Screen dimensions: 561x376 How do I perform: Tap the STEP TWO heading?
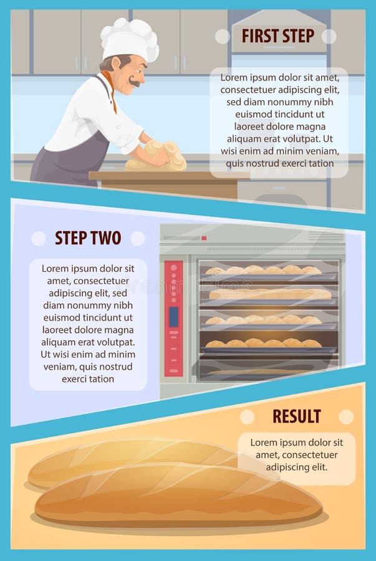click(x=88, y=238)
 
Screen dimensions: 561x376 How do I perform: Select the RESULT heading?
click(x=296, y=416)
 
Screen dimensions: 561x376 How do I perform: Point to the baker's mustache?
click(x=135, y=82)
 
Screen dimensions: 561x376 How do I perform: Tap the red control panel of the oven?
click(x=173, y=318)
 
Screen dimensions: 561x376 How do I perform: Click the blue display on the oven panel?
click(x=173, y=317)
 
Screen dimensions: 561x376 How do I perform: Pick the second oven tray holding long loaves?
click(x=269, y=294)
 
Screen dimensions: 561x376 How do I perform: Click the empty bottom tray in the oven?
click(x=268, y=368)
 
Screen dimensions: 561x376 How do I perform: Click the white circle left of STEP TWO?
click(x=39, y=238)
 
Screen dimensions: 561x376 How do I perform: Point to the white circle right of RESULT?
click(x=346, y=416)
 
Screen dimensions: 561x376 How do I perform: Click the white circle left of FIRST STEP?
click(x=223, y=36)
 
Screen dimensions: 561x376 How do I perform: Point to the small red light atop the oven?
click(x=204, y=238)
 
